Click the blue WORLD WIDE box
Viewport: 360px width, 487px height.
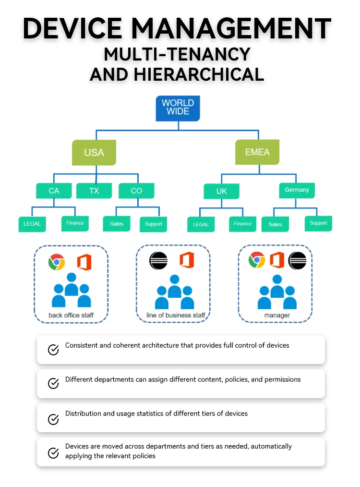point(178,108)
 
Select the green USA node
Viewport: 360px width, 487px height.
point(94,152)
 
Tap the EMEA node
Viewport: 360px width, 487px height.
point(257,152)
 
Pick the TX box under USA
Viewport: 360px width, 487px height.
point(94,191)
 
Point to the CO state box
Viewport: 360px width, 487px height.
point(136,191)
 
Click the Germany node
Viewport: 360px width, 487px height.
point(297,190)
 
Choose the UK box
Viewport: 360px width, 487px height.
point(222,191)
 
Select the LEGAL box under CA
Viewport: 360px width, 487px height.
point(32,224)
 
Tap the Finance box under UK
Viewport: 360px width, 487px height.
point(243,224)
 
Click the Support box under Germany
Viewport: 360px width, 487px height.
point(318,224)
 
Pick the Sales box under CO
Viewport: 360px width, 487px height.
point(117,224)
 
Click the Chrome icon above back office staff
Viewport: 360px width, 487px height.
point(57,262)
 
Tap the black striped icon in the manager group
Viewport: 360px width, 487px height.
point(297,260)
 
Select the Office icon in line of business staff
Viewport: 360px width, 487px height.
point(187,260)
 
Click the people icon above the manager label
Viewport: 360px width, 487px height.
point(277,292)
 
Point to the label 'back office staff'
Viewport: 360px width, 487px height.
point(71,315)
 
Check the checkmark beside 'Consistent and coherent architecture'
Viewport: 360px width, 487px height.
point(53,350)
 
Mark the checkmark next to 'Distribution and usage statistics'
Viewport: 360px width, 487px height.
point(53,419)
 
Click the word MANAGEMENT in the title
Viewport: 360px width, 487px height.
point(231,28)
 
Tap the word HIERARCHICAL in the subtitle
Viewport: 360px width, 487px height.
point(199,74)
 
